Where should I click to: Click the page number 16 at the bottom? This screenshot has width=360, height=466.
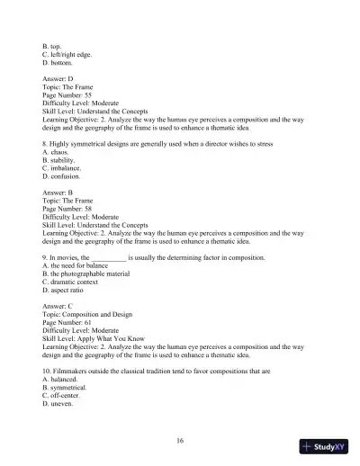180,440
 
